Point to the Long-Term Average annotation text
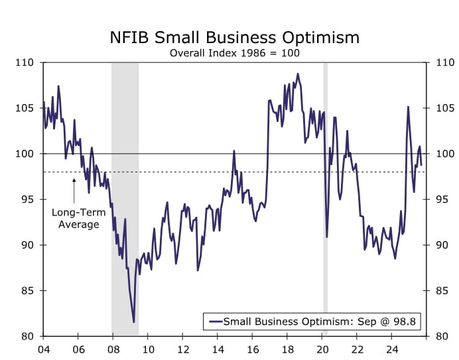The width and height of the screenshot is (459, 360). [x=75, y=219]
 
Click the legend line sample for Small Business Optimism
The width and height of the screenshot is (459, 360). [x=215, y=322]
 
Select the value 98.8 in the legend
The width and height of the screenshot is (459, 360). [x=405, y=322]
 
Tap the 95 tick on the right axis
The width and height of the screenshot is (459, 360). [x=440, y=200]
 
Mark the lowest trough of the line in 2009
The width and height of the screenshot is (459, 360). [x=134, y=322]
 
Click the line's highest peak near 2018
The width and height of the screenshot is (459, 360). [x=298, y=74]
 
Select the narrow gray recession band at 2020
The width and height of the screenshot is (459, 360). [x=325, y=199]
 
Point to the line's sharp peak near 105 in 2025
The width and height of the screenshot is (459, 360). [x=408, y=107]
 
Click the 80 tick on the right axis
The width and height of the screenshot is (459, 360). [x=440, y=336]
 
